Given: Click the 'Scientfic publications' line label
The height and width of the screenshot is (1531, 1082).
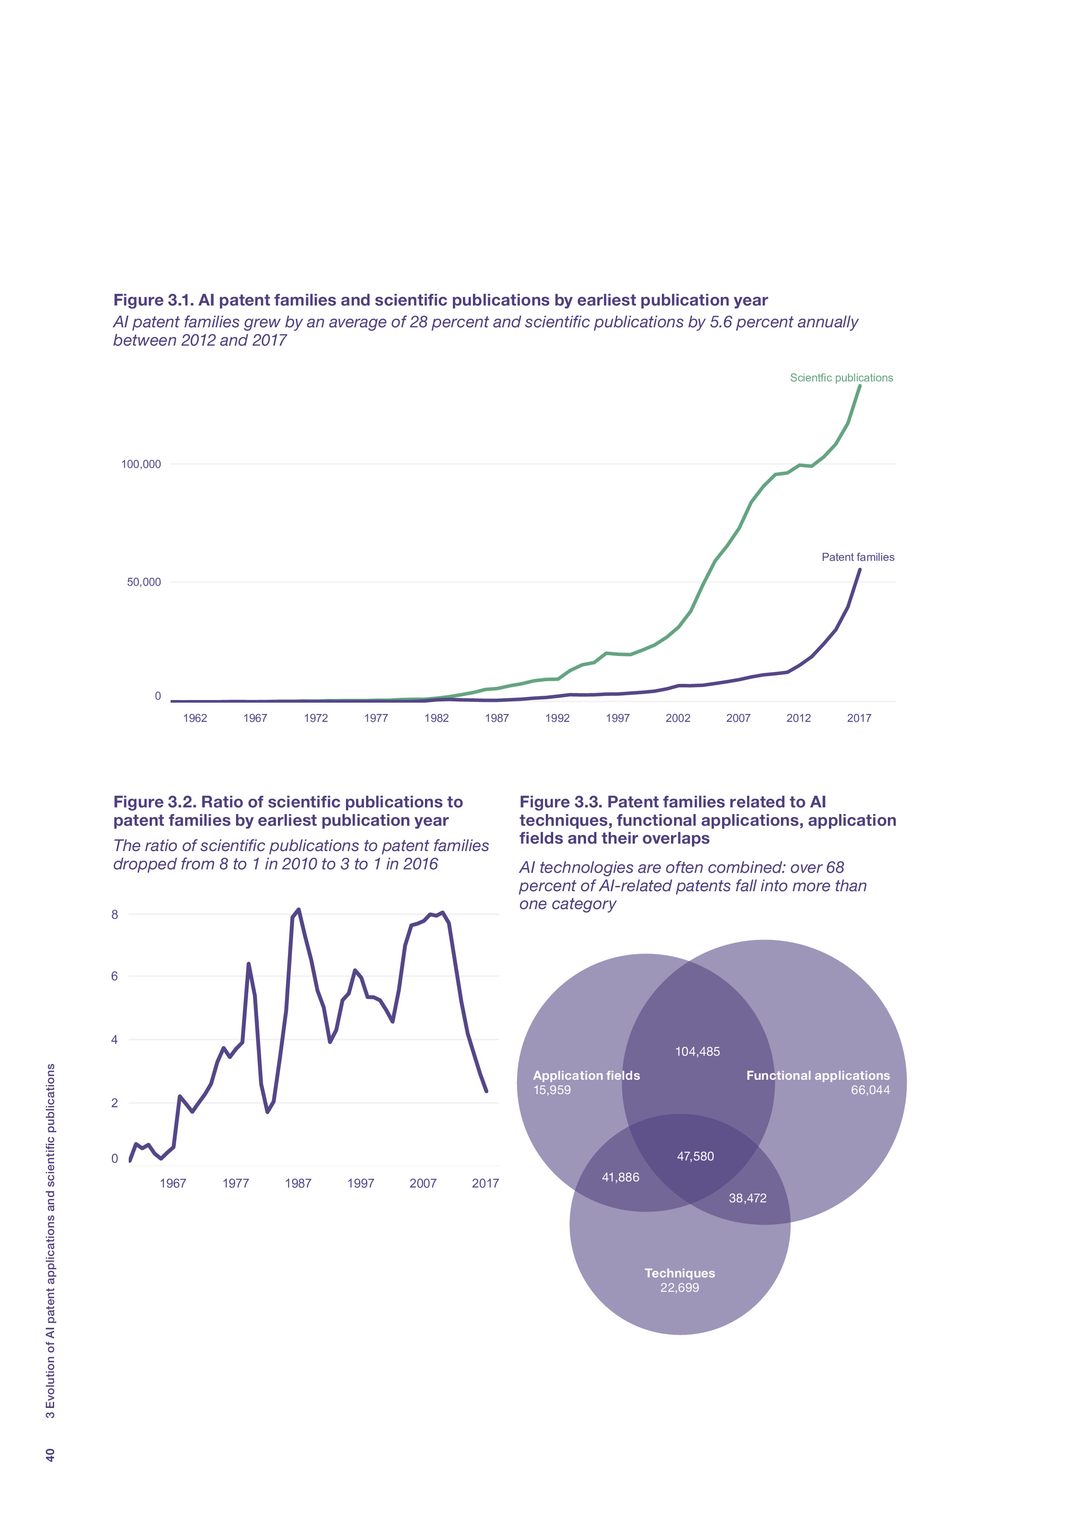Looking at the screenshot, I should pyautogui.click(x=841, y=378).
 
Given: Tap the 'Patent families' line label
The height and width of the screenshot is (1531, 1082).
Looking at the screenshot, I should pyautogui.click(x=857, y=557).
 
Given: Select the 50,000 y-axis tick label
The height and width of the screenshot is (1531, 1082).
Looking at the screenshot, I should pyautogui.click(x=144, y=582).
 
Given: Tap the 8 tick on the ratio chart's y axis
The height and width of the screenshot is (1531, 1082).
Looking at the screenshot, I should pyautogui.click(x=115, y=915).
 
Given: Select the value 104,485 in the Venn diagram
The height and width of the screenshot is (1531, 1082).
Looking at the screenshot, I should pyautogui.click(x=697, y=1051).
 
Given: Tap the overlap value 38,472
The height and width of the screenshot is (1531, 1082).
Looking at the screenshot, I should pyautogui.click(x=747, y=1198).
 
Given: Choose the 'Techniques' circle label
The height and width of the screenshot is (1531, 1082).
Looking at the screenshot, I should pyautogui.click(x=679, y=1273).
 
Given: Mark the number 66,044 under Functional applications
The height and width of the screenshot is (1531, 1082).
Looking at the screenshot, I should pyautogui.click(x=870, y=1090).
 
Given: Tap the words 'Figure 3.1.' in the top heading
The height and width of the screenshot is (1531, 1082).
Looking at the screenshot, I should pyautogui.click(x=153, y=300).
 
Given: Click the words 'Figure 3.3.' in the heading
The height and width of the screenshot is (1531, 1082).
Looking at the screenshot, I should pyautogui.click(x=560, y=802).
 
